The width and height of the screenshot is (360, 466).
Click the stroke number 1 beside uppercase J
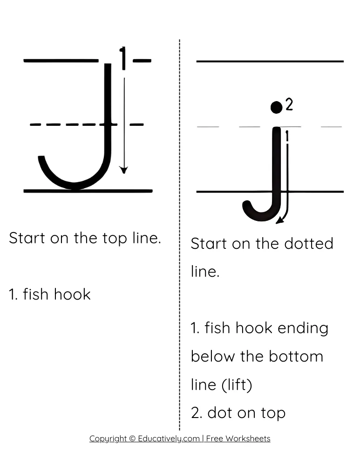(x=123, y=58)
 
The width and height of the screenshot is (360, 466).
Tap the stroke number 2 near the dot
(x=289, y=105)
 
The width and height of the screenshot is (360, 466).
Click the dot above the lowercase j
(x=276, y=107)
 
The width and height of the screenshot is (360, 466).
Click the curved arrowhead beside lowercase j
(x=279, y=220)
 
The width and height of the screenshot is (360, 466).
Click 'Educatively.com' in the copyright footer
(x=169, y=439)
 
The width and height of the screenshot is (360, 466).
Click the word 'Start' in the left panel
(x=27, y=238)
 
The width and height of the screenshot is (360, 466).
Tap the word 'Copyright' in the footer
(x=108, y=439)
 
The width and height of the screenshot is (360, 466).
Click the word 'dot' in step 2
(x=220, y=412)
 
